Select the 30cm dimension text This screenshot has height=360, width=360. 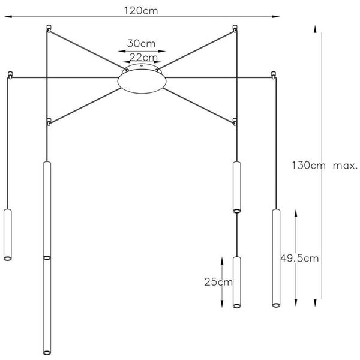pos(142,43)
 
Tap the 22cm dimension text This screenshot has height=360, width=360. pos(143,57)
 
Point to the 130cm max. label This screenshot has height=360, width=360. pos(324,165)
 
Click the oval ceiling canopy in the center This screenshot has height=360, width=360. pos(143,80)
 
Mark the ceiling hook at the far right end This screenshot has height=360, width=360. pos(275,76)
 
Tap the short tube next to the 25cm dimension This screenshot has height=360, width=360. pos(236,282)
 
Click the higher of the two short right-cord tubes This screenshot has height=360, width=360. pos(236,187)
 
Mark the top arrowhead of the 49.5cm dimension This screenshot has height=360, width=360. pos(296,212)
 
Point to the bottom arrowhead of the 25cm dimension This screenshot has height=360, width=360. pos(232,304)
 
